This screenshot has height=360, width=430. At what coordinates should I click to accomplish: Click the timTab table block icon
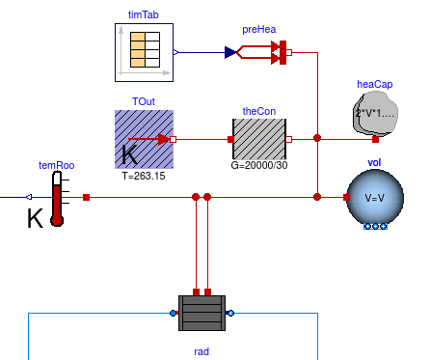point(144,52)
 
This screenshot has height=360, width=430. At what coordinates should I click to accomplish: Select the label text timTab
point(144,14)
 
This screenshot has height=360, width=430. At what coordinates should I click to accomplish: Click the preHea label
point(259,29)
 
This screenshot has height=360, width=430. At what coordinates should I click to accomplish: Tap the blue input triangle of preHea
point(230,52)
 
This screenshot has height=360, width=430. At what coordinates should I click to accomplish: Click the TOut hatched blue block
point(144,139)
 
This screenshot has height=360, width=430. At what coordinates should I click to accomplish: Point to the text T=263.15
point(144,176)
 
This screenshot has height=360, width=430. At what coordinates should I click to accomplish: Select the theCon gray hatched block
point(259,139)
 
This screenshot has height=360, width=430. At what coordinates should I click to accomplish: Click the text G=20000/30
point(259,165)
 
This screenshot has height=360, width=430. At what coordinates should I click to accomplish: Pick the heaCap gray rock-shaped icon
point(375,113)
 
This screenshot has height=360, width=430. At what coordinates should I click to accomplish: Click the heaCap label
point(375,84)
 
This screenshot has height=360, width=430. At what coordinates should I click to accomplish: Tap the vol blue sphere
point(375,197)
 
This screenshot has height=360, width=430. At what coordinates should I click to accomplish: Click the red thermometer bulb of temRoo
point(57,220)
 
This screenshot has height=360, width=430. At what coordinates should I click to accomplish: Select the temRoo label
point(57,165)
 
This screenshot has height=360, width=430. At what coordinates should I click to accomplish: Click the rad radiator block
point(202,313)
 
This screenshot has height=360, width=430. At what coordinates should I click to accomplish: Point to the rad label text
point(202,351)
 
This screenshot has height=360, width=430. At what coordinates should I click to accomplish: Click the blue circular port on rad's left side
point(173,313)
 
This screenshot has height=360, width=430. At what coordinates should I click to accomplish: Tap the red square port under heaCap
point(375,139)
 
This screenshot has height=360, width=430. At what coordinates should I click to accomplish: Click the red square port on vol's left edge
point(346,197)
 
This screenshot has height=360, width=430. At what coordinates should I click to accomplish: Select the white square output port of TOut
point(173,139)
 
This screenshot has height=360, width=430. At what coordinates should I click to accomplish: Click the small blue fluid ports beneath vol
point(375,227)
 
